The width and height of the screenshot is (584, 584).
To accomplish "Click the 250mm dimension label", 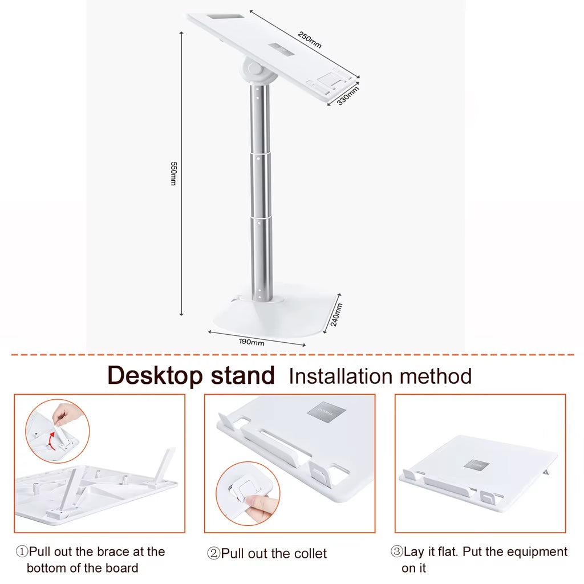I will (x=310, y=40).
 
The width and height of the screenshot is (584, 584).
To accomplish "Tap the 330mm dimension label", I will (x=347, y=95).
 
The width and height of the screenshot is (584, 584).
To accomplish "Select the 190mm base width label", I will (x=251, y=342).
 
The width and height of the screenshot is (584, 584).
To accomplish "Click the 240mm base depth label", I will (x=336, y=314).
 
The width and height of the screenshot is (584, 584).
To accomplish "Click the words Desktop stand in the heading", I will (x=191, y=376).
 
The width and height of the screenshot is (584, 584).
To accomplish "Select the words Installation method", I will (x=380, y=376).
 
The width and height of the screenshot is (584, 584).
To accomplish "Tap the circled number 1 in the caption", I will (x=22, y=552).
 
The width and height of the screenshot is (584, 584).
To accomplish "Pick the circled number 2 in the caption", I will (x=213, y=554).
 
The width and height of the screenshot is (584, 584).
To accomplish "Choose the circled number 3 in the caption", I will (x=396, y=552).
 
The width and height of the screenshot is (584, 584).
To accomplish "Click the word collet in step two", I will (x=309, y=554).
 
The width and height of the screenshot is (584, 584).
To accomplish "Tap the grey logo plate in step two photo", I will (x=326, y=410).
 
